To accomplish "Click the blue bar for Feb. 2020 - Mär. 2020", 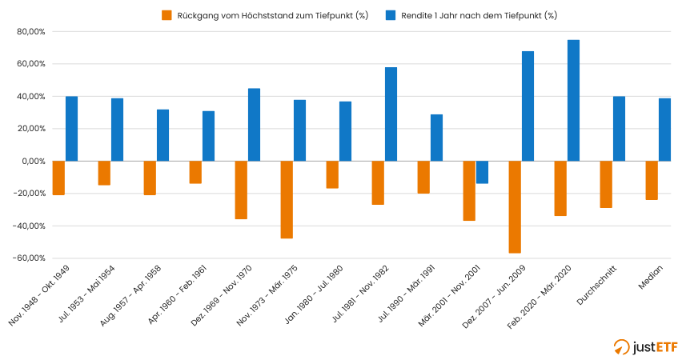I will tap(573, 100).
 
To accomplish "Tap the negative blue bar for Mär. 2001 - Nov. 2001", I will tap(482, 172).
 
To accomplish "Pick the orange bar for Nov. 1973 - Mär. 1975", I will tap(287, 199).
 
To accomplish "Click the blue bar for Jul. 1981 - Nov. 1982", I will tap(391, 114).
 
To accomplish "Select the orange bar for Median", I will tap(652, 180).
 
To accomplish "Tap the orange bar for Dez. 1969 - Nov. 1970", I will tap(241, 190).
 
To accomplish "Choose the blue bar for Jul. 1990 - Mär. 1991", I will tap(436, 138).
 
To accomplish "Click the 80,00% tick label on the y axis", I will tap(29, 32).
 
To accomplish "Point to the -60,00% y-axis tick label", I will tap(27, 258).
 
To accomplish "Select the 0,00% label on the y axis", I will tap(32, 161).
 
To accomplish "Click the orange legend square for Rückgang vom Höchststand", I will tap(166, 14).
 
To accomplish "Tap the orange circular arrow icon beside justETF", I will tap(621, 346).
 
